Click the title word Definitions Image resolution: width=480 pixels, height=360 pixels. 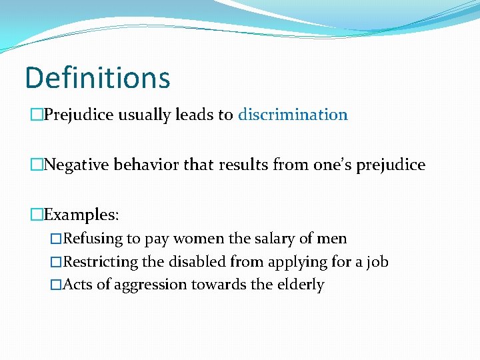[x=97, y=77]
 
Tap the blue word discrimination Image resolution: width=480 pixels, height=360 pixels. [x=293, y=115]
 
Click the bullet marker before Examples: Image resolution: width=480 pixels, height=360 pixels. [x=37, y=215]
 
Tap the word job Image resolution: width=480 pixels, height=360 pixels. [x=377, y=261]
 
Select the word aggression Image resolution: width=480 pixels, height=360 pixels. [x=151, y=285]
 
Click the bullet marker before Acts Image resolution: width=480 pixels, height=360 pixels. [x=56, y=285]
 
